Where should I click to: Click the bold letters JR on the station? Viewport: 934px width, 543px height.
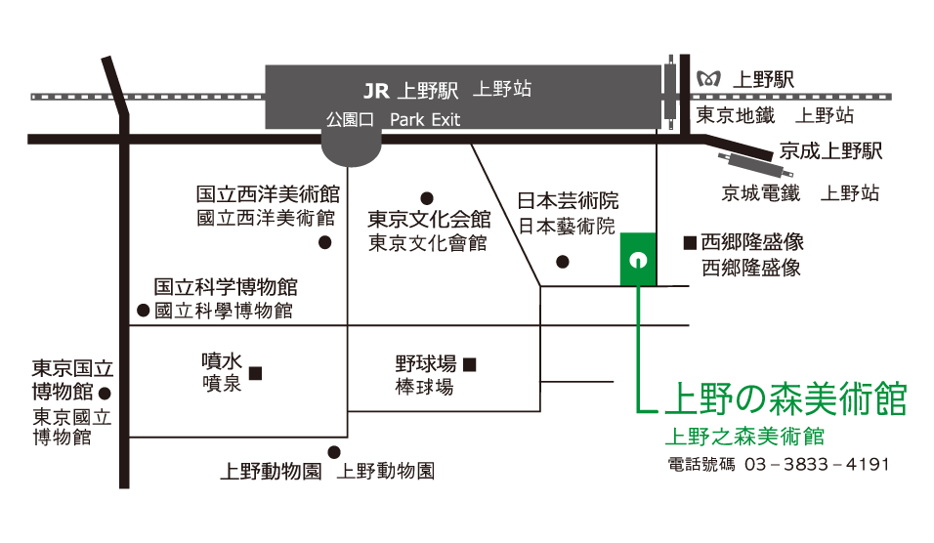pos(376,92)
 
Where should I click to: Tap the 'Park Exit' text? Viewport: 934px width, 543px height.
pos(425,120)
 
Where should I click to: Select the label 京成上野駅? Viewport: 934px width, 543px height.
pos(830,151)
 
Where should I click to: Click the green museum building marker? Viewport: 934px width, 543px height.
pos(638,259)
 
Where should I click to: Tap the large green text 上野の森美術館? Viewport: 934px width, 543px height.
pos(785,398)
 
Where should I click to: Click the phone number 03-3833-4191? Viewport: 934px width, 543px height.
pos(817,464)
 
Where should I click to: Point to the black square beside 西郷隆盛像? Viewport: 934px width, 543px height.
pos(689,241)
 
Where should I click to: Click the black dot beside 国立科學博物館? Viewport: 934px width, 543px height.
pos(143,312)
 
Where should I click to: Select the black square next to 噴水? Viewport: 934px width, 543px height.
pos(255,372)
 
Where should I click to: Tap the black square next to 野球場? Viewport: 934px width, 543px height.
pos(470,365)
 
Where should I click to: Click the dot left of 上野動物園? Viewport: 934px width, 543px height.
pos(333,452)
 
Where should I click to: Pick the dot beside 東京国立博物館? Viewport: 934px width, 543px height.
pos(105,394)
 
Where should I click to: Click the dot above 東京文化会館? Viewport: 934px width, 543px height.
pos(426,197)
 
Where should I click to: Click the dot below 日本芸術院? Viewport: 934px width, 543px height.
pos(562,261)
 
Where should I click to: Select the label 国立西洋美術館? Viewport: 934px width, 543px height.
pos(267,194)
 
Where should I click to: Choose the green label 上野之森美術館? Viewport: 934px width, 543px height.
pos(743,435)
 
